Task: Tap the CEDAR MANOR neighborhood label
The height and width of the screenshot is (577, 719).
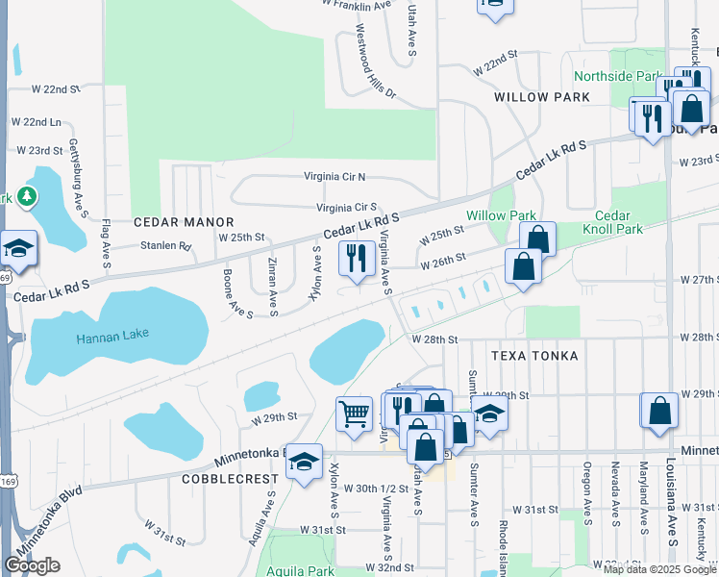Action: tap(171, 220)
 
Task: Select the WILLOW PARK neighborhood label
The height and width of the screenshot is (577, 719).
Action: tap(541, 98)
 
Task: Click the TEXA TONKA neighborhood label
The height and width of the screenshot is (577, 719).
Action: tap(535, 356)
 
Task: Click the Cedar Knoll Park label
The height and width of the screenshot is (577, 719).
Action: tap(611, 222)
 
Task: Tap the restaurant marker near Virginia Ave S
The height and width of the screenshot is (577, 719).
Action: tap(357, 260)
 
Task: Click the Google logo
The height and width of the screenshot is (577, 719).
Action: tap(32, 565)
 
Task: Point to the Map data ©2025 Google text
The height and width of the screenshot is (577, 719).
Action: tap(659, 569)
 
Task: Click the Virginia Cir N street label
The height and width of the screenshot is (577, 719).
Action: tap(335, 177)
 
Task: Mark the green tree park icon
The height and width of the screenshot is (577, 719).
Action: tap(26, 198)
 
